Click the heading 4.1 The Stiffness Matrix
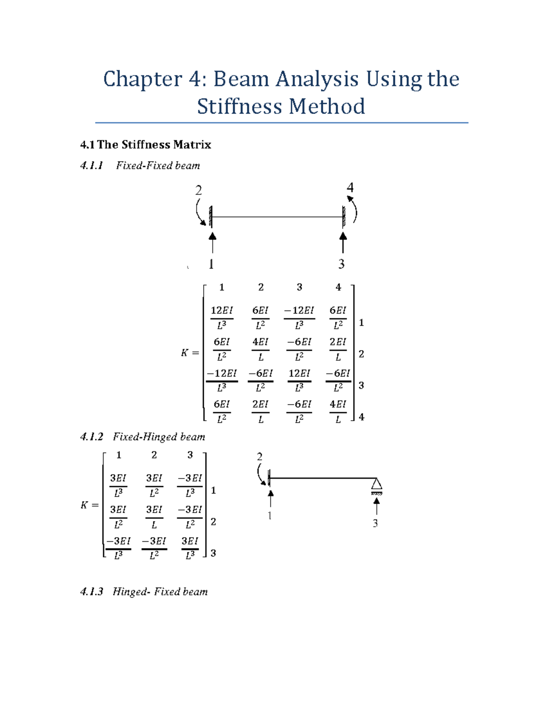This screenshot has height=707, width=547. (x=145, y=145)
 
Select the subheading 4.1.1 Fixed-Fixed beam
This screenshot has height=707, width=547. (x=140, y=166)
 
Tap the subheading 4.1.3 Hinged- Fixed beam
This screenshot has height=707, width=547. (x=144, y=592)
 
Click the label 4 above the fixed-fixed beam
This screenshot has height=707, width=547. (x=350, y=188)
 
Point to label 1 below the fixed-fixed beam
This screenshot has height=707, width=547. (x=211, y=264)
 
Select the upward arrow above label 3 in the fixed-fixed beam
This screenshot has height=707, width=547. (x=343, y=243)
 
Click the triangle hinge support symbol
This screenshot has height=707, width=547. (x=376, y=484)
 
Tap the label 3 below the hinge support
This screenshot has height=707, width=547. (x=375, y=523)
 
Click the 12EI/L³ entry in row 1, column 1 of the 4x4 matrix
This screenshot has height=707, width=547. (x=222, y=317)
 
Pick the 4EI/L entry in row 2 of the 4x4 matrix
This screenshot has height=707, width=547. (x=260, y=349)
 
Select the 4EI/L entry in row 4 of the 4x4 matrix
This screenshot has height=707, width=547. (x=338, y=412)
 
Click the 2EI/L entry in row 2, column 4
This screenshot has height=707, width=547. (x=338, y=349)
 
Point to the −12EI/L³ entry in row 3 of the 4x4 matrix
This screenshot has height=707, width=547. (x=222, y=380)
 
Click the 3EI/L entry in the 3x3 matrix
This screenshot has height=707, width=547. (x=154, y=517)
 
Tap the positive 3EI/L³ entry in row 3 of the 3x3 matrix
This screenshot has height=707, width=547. (x=190, y=548)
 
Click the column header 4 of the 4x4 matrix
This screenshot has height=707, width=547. (x=338, y=287)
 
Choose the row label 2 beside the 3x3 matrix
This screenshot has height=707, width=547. (x=213, y=522)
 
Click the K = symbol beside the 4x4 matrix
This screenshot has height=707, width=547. (x=190, y=353)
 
